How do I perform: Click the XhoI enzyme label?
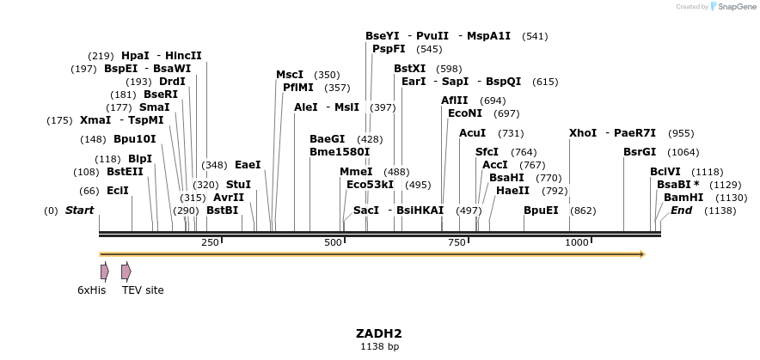[583, 133]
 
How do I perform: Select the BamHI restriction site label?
[683, 198]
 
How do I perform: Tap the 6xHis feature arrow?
[105, 272]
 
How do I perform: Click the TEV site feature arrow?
[126, 272]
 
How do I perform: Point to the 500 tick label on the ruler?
[334, 243]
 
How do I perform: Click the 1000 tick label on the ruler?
[577, 243]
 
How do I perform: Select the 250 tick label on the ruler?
[210, 243]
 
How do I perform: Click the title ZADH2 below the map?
[379, 333]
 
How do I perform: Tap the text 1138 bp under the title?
[379, 347]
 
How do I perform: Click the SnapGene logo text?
[735, 7]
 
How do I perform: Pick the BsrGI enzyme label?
[640, 152]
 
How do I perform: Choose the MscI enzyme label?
[290, 75]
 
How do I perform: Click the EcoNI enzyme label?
[465, 113]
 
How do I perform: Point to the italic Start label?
[80, 211]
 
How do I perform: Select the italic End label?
[682, 211]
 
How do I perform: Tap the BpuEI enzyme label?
[541, 211]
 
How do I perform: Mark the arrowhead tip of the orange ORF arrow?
[644, 254]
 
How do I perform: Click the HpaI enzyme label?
[135, 56]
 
